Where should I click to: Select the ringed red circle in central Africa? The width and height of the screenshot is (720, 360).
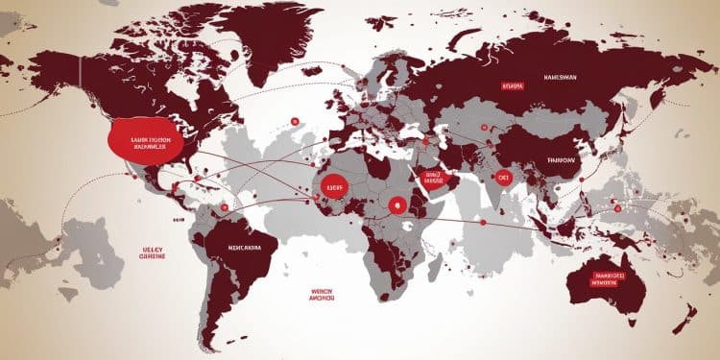point(397,204)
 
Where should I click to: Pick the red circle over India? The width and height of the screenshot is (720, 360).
point(502,177)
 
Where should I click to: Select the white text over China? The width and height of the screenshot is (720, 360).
point(564,161)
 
